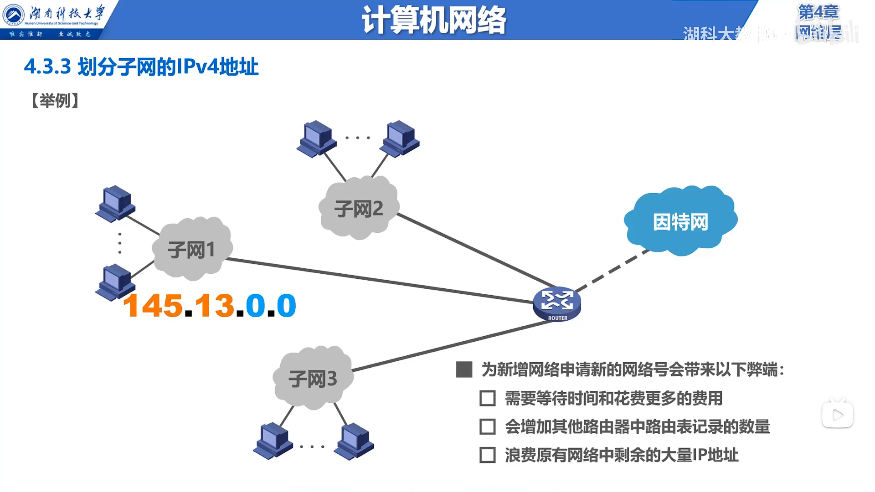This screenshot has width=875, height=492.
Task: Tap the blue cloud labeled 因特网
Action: [680, 221]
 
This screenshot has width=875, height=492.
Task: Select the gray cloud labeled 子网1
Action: [191, 249]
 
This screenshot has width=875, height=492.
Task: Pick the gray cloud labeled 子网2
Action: [358, 209]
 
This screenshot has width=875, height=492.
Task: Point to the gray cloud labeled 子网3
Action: [313, 378]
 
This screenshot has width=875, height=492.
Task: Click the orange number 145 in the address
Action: [153, 305]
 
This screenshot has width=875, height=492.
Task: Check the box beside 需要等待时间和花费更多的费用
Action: [487, 398]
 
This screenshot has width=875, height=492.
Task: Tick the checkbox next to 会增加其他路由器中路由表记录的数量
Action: [487, 427]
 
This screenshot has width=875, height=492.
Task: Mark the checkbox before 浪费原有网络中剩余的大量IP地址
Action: [487, 455]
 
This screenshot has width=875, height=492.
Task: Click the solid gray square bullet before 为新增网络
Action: [464, 369]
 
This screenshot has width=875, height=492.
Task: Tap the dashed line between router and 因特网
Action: [612, 271]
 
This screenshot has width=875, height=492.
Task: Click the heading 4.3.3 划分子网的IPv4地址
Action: [141, 67]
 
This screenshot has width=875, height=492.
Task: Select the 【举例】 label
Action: [55, 101]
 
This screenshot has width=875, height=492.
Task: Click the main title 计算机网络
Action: [433, 20]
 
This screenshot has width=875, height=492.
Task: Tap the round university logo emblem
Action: [14, 15]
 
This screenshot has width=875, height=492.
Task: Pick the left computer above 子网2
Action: [317, 138]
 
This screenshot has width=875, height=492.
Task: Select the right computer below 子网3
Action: [354, 441]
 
